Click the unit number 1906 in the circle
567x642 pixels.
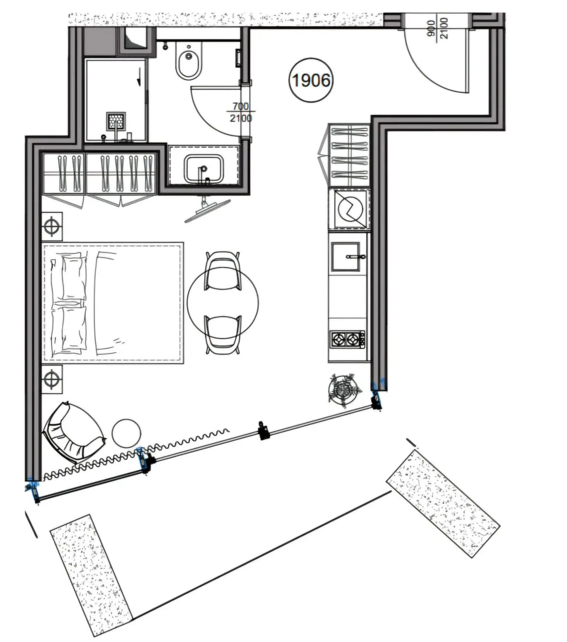tap(311, 80)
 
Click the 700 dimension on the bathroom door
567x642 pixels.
tap(241, 106)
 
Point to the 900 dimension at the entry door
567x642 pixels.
tap(431, 28)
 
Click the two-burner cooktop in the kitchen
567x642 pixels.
tap(348, 340)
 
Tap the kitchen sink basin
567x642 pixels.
tap(346, 257)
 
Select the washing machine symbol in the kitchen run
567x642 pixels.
tap(350, 209)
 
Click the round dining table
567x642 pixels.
tap(223, 303)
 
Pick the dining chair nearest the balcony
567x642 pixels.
tap(223, 335)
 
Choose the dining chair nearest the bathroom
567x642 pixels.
tap(223, 271)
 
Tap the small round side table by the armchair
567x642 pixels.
tap(127, 433)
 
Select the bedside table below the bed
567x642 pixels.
tap(52, 380)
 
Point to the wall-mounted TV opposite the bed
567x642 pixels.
tap(208, 209)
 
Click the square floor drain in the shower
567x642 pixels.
tap(116, 121)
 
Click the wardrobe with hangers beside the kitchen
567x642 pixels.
tap(349, 155)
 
